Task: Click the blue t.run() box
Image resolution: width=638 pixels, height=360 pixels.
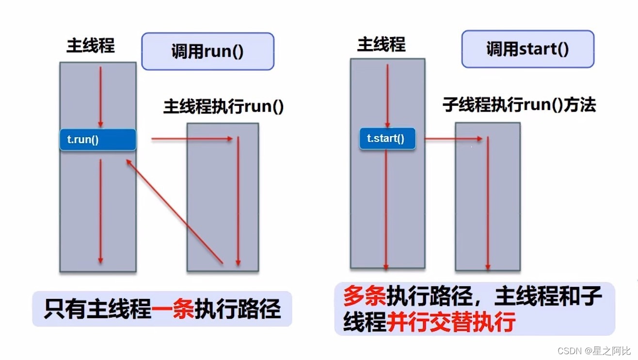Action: [x=98, y=140]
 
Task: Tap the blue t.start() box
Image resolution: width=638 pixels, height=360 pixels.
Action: [x=387, y=138]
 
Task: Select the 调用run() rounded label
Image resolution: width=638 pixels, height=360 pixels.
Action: [x=207, y=51]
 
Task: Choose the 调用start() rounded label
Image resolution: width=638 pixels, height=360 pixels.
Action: [x=527, y=49]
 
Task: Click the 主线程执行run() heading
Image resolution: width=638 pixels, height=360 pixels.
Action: [x=223, y=107]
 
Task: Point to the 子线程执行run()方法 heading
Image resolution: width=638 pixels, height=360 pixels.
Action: [x=519, y=105]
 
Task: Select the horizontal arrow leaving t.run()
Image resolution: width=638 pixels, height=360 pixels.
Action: [x=192, y=139]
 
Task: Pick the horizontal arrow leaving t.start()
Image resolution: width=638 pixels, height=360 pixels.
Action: [x=453, y=139]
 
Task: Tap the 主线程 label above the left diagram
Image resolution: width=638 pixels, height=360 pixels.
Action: [x=91, y=46]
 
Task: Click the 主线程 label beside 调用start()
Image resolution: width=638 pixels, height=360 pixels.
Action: [x=381, y=45]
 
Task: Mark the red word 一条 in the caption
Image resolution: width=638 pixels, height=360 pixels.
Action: [x=173, y=309]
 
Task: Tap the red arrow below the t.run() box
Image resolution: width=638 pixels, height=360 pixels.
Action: [x=101, y=211]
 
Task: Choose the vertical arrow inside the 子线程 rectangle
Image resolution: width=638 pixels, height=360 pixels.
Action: [x=488, y=204]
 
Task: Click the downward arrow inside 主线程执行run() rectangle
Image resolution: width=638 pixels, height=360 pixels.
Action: [x=238, y=201]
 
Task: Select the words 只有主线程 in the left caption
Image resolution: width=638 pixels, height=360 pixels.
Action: [x=97, y=309]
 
